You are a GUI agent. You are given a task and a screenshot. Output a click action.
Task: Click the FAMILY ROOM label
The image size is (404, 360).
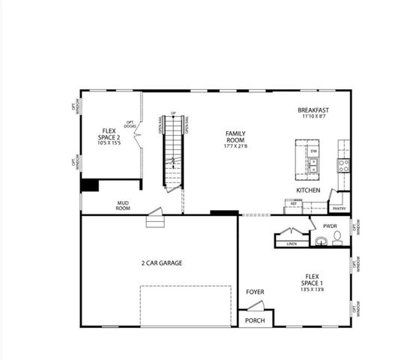point(235,137)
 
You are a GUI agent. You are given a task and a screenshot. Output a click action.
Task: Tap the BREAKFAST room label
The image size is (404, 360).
point(313,110)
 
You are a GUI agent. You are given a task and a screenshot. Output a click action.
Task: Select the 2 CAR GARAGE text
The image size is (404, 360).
point(162,263)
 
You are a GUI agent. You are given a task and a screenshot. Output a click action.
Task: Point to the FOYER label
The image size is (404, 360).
point(255,292)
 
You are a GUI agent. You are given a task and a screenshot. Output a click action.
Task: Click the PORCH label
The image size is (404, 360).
point(255,320)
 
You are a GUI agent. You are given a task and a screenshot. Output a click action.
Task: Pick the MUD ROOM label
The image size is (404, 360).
point(123,205)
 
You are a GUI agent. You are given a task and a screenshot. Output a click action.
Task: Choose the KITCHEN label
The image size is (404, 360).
point(308,190)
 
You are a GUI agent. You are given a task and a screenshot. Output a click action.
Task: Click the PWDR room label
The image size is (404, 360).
point(330,225)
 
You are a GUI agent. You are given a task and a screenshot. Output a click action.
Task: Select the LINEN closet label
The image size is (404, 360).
point(291,244)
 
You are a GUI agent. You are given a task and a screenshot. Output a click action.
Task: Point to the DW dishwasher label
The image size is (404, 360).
point(313,151)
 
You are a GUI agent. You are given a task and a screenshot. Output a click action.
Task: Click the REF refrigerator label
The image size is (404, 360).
point(294,203)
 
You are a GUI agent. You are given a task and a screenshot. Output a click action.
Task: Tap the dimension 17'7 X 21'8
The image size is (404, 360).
point(235,146)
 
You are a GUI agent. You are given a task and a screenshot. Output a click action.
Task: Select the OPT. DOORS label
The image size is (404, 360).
point(130,124)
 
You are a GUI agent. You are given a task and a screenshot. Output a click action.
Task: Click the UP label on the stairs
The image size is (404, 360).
point(173,113)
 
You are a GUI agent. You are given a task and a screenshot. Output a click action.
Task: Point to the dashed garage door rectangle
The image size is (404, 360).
point(185,305)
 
